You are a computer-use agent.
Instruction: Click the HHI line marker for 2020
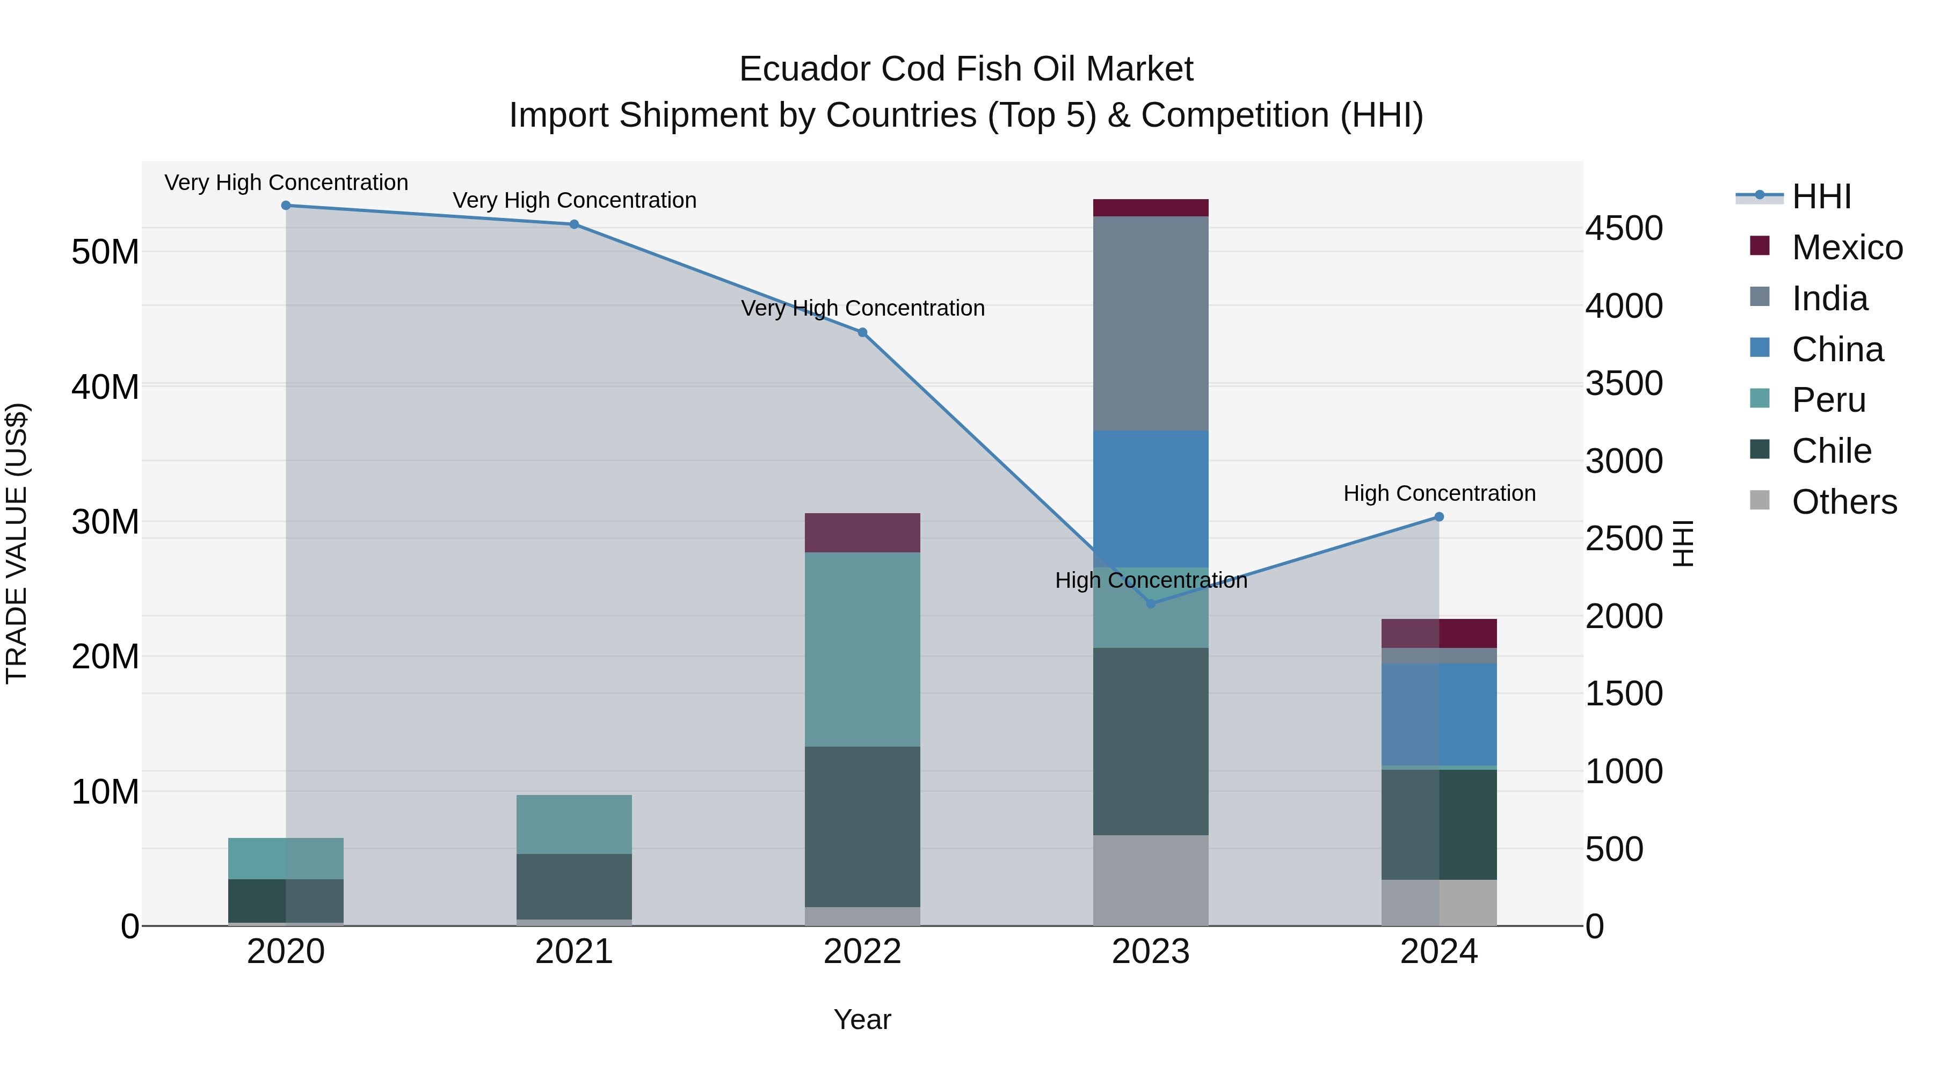[x=286, y=206]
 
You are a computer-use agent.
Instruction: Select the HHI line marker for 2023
[x=1151, y=603]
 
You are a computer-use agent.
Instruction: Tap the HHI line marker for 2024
[x=1439, y=517]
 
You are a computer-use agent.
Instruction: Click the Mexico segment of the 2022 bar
[x=862, y=532]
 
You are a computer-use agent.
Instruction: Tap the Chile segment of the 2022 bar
[x=862, y=827]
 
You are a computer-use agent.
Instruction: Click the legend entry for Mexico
[x=1846, y=247]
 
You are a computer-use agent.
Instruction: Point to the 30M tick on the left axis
[x=105, y=522]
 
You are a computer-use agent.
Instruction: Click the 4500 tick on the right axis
[x=1624, y=229]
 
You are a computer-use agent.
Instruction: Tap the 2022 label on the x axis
[x=862, y=952]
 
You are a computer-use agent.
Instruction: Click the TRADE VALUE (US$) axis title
[x=17, y=543]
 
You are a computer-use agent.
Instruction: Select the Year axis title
[x=862, y=1019]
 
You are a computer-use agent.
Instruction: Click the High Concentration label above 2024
[x=1439, y=494]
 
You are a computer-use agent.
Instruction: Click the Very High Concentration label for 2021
[x=574, y=200]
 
